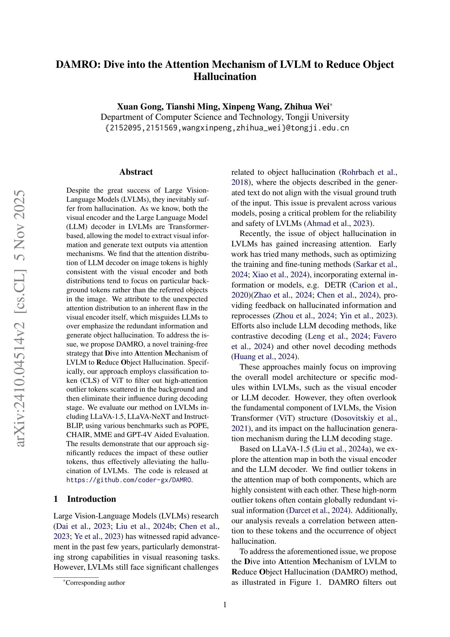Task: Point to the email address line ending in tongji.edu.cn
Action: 227,128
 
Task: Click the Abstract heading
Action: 136,172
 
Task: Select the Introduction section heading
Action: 91,499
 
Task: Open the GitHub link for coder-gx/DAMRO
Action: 129,480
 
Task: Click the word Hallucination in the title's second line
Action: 224,77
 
